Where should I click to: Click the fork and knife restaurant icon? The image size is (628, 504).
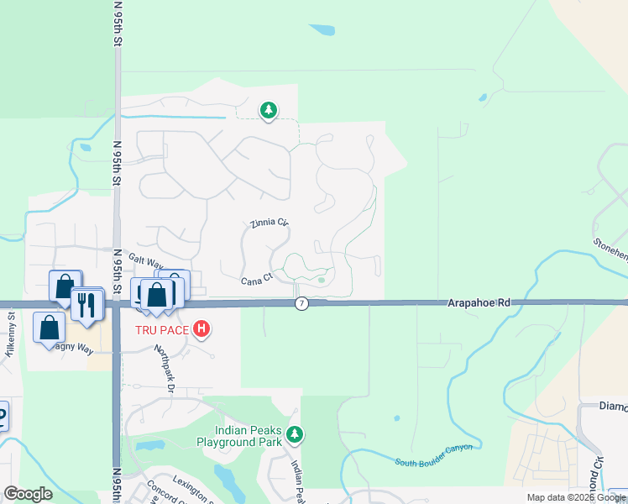point(86,304)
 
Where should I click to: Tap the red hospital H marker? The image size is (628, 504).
point(201,328)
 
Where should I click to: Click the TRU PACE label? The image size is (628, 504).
point(163,329)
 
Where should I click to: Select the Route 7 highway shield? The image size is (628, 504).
point(301,303)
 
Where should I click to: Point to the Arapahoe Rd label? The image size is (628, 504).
point(478,302)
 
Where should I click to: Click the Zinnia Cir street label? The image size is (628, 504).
point(270,224)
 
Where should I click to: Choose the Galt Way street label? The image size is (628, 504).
point(145,261)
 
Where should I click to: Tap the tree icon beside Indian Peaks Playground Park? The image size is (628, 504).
point(294,434)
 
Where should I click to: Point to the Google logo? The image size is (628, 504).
point(28,494)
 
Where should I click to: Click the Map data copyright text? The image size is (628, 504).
point(577,497)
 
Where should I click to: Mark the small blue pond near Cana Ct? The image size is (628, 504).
point(321,281)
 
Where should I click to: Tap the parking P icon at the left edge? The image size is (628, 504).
point(2,416)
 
